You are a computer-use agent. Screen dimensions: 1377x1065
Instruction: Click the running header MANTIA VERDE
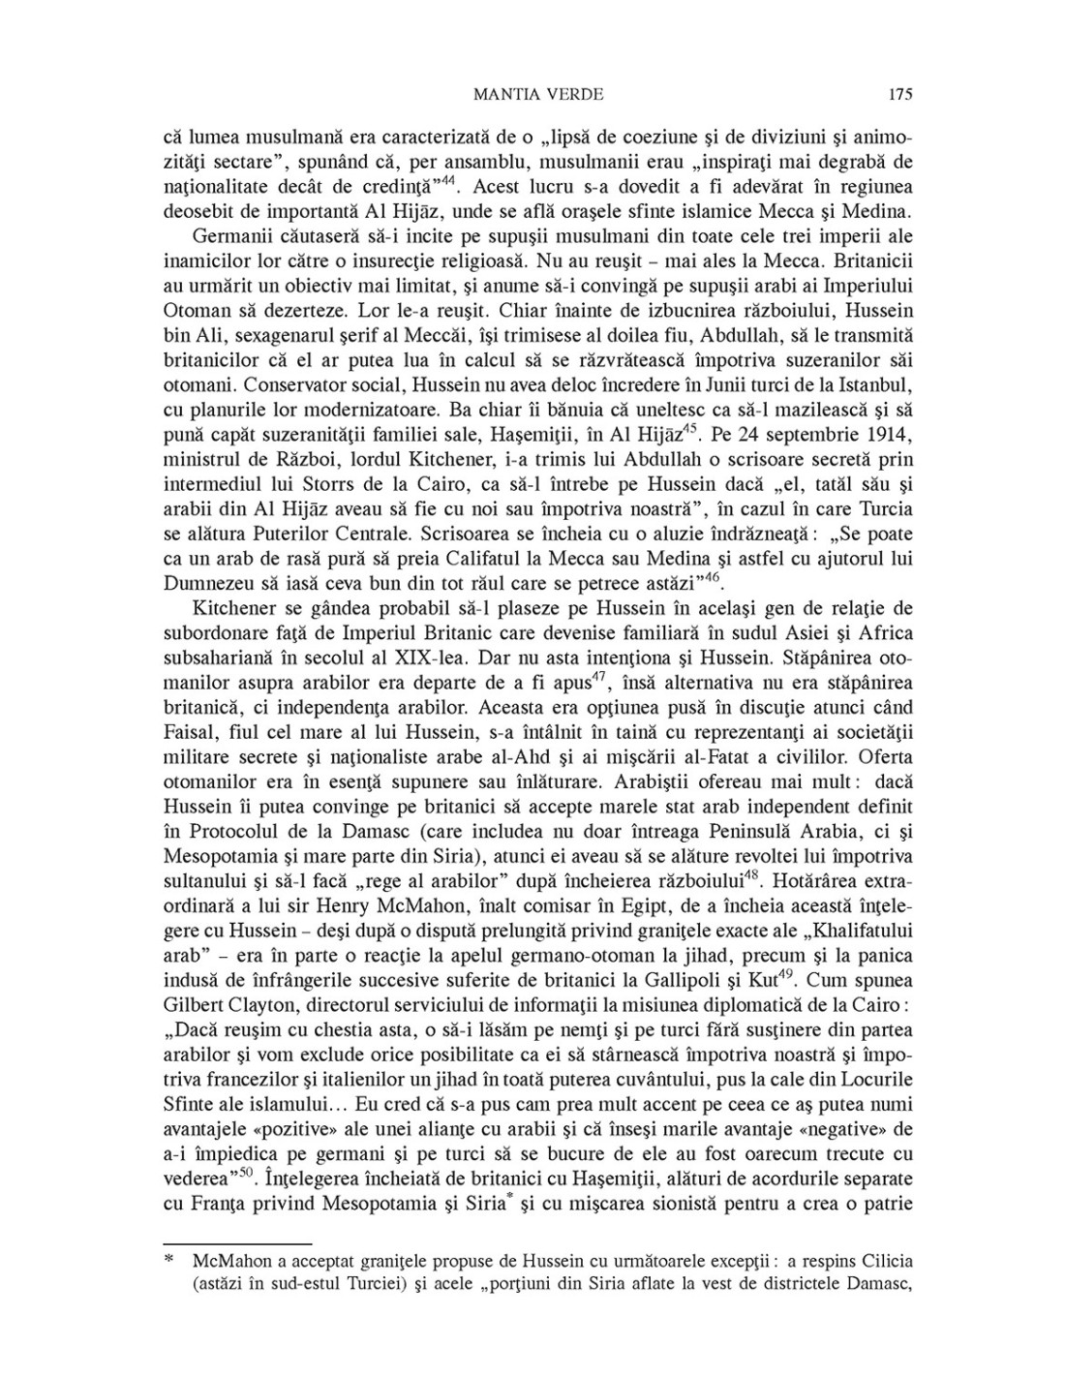pos(540,94)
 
